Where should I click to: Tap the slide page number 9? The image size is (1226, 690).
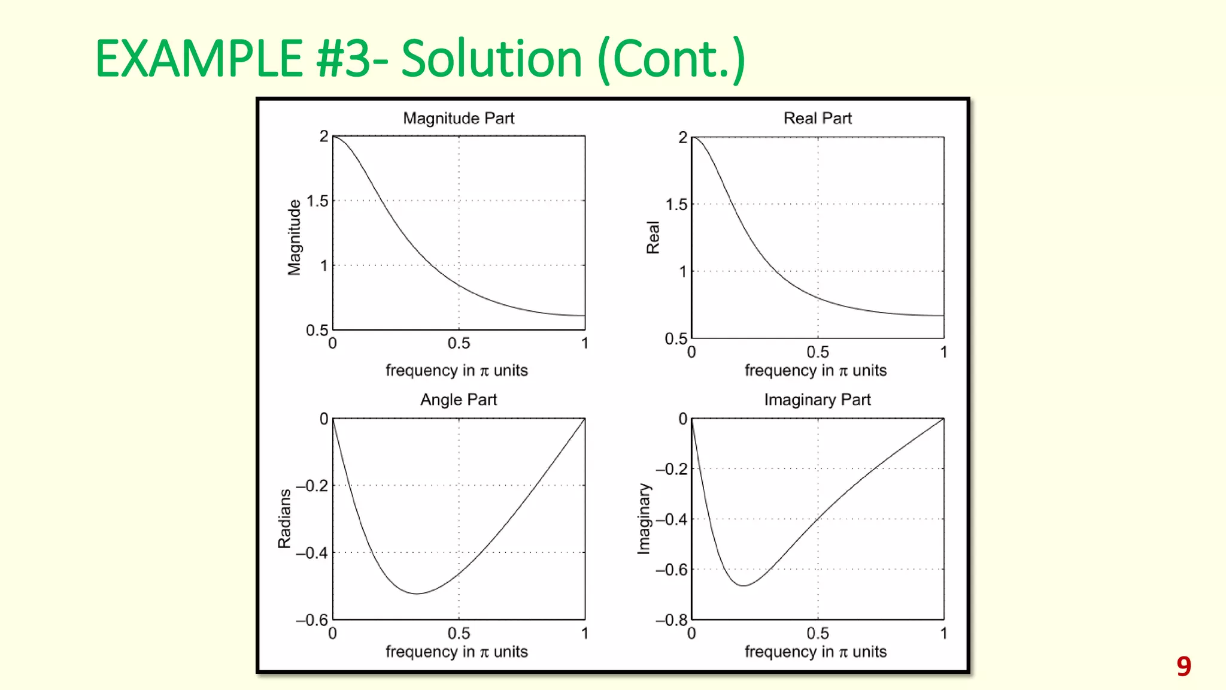click(x=1183, y=666)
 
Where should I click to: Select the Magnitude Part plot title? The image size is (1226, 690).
click(x=459, y=118)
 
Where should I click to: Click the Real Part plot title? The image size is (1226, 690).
click(x=817, y=118)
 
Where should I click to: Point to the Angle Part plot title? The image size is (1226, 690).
click(x=459, y=400)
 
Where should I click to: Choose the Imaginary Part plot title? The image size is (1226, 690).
click(x=817, y=400)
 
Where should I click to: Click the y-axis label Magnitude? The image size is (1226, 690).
click(x=294, y=237)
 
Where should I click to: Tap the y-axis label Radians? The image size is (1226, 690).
click(x=284, y=519)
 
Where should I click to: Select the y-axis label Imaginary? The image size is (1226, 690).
click(x=644, y=519)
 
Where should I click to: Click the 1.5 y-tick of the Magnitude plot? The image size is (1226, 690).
click(x=317, y=201)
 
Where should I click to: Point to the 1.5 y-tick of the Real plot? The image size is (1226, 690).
click(x=676, y=205)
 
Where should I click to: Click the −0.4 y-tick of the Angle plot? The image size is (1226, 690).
click(x=312, y=553)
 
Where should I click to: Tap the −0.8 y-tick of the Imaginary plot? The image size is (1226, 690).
click(x=671, y=620)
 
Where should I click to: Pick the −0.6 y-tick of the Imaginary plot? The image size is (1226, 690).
click(x=671, y=570)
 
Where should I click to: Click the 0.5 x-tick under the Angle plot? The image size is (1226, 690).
click(x=459, y=633)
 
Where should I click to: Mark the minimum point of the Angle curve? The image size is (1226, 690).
click(x=417, y=594)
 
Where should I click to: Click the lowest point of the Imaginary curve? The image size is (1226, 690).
click(x=743, y=585)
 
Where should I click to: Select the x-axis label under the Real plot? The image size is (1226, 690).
click(x=815, y=370)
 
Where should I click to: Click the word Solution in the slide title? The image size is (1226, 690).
click(x=491, y=59)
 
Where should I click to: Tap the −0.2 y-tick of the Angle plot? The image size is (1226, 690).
click(x=312, y=486)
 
